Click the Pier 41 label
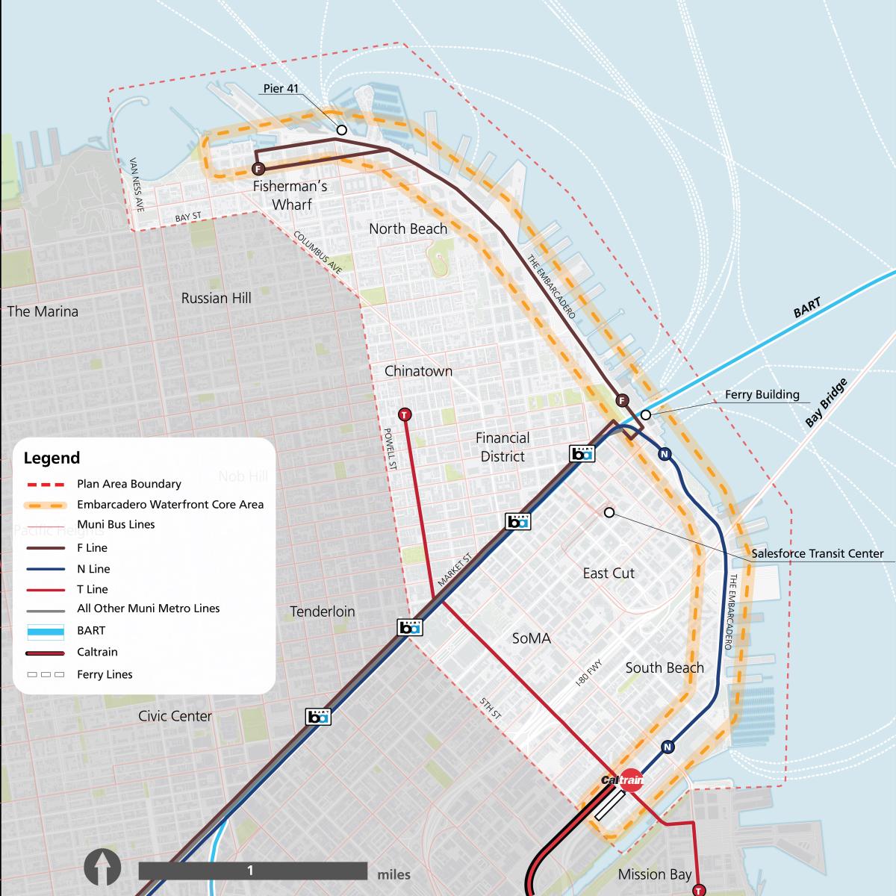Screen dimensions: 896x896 (281, 89)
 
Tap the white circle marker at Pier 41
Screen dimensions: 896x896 (341, 129)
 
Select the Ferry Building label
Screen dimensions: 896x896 (762, 394)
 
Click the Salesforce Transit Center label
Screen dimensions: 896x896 (817, 553)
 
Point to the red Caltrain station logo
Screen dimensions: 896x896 (631, 780)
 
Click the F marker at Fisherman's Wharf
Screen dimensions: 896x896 (258, 168)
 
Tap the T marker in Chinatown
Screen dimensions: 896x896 (404, 414)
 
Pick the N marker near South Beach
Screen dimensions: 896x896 (668, 747)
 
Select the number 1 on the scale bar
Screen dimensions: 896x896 (250, 871)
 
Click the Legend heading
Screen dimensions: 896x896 (52, 458)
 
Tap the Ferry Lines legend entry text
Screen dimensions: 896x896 (105, 674)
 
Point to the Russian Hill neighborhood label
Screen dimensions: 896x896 (216, 298)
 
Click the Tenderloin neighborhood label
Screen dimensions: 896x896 (323, 612)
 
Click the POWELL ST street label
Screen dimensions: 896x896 (389, 449)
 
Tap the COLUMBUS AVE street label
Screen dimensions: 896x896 (317, 252)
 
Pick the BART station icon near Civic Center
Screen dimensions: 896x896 (318, 717)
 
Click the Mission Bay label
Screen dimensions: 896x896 (655, 874)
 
